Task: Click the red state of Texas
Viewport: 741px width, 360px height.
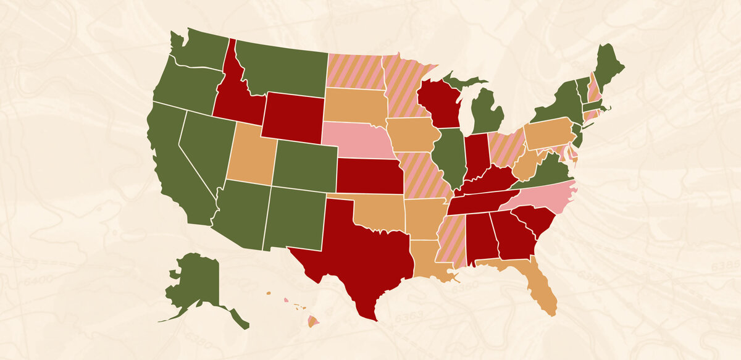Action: click(358, 247)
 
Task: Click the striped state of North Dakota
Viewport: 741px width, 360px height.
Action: click(355, 71)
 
